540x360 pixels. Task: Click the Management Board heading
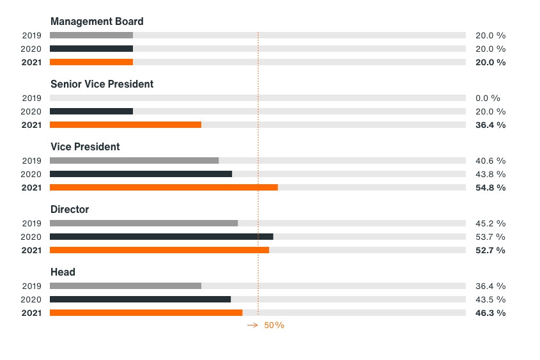pyautogui.click(x=96, y=22)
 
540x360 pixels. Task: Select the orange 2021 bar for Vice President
pyautogui.click(x=164, y=187)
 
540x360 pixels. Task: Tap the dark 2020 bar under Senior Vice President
pyautogui.click(x=91, y=111)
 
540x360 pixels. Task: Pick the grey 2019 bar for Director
pyautogui.click(x=144, y=223)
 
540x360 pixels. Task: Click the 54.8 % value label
pyautogui.click(x=490, y=187)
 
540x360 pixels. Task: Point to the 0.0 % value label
pyautogui.click(x=488, y=98)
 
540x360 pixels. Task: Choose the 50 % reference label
pyautogui.click(x=274, y=325)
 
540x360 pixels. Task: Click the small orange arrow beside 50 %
pyautogui.click(x=252, y=325)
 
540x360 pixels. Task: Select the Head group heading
pyautogui.click(x=63, y=272)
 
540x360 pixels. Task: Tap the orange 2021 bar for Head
pyautogui.click(x=146, y=313)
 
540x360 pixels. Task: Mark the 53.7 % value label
pyautogui.click(x=490, y=237)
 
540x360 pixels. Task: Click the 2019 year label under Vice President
pyautogui.click(x=31, y=161)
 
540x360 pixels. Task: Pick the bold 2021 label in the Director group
pyautogui.click(x=31, y=250)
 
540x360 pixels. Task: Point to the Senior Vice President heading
pyautogui.click(x=102, y=84)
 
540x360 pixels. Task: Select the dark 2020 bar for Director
pyautogui.click(x=161, y=237)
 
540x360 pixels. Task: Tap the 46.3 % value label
pyautogui.click(x=490, y=313)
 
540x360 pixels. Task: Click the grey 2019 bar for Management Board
pyautogui.click(x=91, y=35)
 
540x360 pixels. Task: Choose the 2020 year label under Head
pyautogui.click(x=31, y=299)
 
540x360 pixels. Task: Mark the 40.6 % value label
pyautogui.click(x=490, y=161)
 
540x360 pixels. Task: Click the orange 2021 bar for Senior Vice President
pyautogui.click(x=125, y=125)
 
